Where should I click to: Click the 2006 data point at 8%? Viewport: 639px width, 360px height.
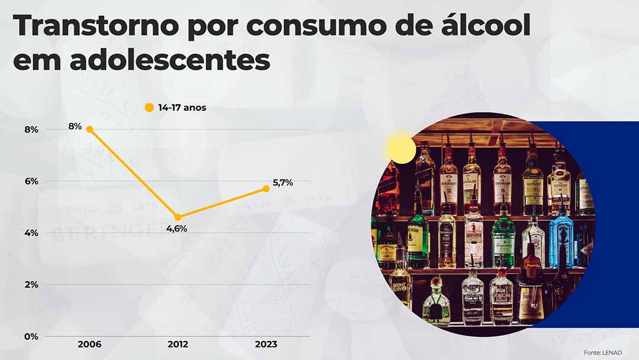(89, 129)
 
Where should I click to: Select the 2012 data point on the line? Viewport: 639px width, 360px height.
(177, 217)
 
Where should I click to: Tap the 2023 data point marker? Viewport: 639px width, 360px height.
(266, 188)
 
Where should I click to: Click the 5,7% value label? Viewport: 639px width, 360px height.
(283, 182)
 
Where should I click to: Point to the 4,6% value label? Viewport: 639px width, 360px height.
(176, 229)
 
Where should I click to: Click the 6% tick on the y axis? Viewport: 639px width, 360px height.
(31, 181)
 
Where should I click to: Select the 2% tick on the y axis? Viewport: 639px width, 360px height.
(31, 285)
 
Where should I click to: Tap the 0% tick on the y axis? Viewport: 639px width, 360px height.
(31, 336)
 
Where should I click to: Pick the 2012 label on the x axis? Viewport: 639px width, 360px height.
(177, 345)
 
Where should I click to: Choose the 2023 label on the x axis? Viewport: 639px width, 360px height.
(266, 345)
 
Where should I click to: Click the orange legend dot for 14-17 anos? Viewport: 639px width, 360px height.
(149, 108)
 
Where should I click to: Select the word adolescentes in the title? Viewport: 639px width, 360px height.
(175, 60)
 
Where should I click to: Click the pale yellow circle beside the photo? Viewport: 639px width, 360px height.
(401, 149)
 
